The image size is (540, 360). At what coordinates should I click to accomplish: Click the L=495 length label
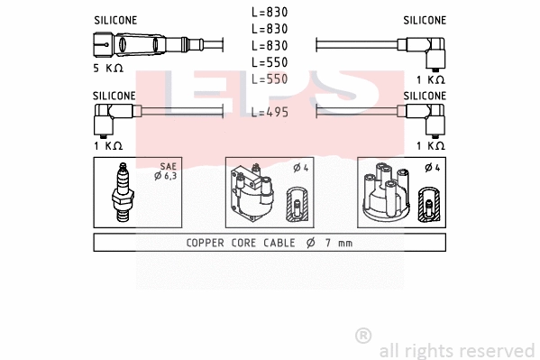tap(270, 112)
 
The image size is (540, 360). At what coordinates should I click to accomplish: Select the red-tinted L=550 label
tap(270, 79)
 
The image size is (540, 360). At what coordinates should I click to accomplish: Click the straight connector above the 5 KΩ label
tap(126, 44)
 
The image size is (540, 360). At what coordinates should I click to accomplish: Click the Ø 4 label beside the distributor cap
tap(430, 167)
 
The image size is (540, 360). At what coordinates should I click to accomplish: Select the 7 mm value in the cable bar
tap(338, 243)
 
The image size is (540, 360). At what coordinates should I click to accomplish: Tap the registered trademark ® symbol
tap(363, 336)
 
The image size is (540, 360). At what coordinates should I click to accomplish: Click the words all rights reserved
tap(456, 350)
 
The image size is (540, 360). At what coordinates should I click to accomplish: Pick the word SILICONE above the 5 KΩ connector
tap(115, 19)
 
